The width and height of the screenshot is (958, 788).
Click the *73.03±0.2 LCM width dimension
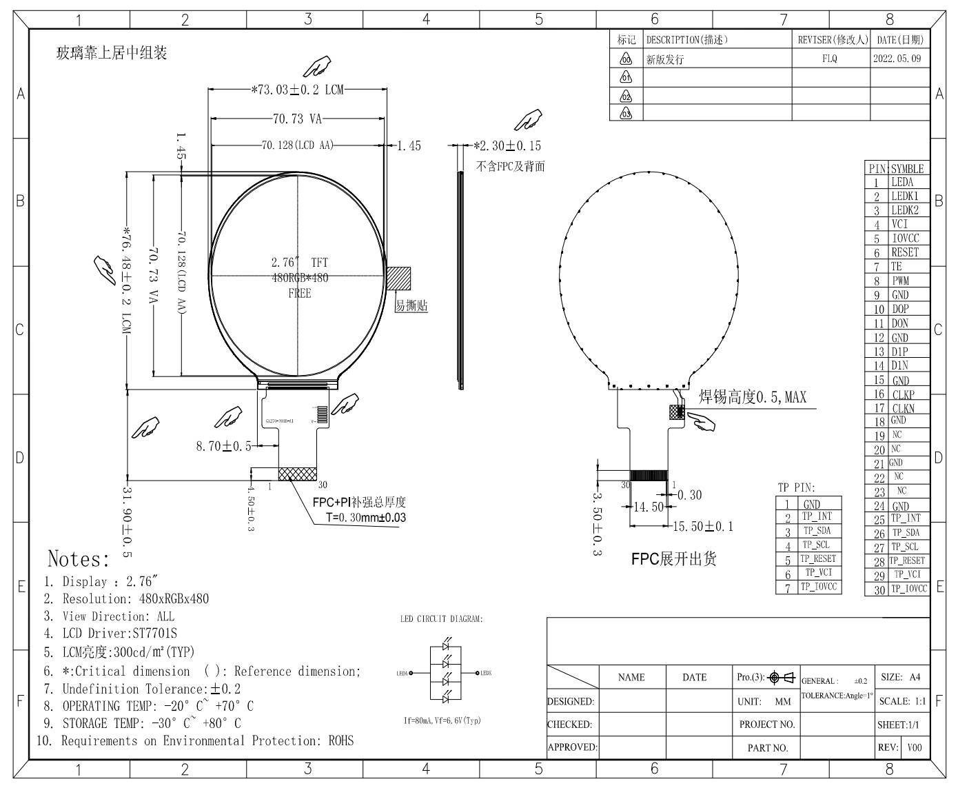point(297,90)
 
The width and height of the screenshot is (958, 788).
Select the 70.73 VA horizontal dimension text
point(297,119)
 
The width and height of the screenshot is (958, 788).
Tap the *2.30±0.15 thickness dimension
point(508,146)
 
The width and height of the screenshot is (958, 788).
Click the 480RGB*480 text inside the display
point(300,278)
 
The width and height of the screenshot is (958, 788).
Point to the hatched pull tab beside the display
point(398,279)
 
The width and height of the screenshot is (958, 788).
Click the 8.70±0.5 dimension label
point(223,447)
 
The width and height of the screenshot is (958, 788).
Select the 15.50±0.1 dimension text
point(702,527)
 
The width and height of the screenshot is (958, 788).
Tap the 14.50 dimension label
point(648,507)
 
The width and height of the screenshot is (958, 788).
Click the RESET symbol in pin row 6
point(904,252)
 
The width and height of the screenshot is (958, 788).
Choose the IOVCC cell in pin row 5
point(905,239)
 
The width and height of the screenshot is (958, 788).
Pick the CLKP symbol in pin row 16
point(903,394)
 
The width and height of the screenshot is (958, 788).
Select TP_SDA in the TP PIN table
point(817,531)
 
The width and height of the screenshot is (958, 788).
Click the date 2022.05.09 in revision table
point(897,59)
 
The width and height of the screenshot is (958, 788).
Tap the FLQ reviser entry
point(830,59)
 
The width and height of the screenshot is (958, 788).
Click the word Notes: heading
point(79,558)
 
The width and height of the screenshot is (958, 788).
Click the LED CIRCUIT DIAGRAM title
point(441,619)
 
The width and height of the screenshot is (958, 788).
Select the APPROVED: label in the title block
point(572,747)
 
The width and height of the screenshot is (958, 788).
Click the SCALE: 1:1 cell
point(901,701)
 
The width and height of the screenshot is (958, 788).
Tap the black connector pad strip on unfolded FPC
point(649,475)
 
